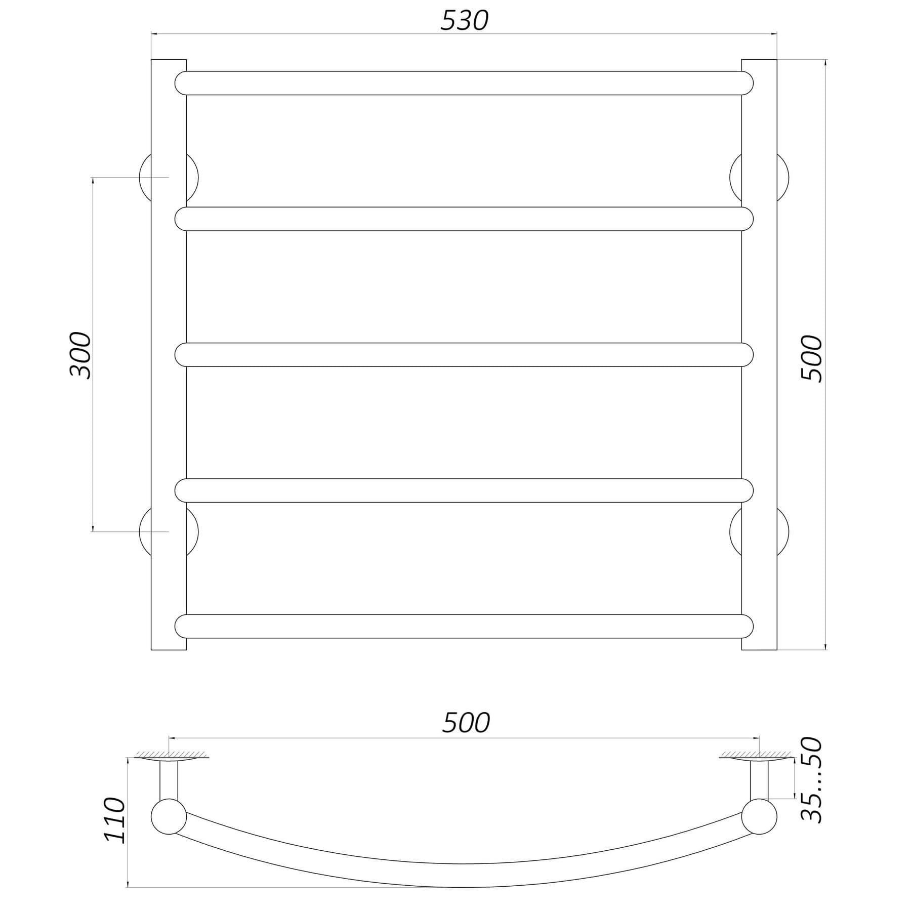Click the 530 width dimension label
pos(464,21)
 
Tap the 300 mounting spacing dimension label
pos(80,355)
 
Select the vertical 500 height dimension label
pos(812,358)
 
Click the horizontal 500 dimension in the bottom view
pos(466,723)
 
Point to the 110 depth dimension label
pos(114,820)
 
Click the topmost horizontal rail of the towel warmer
pos(464,83)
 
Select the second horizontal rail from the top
pos(464,219)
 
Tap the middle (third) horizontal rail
pos(464,355)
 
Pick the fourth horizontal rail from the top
pos(464,490)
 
